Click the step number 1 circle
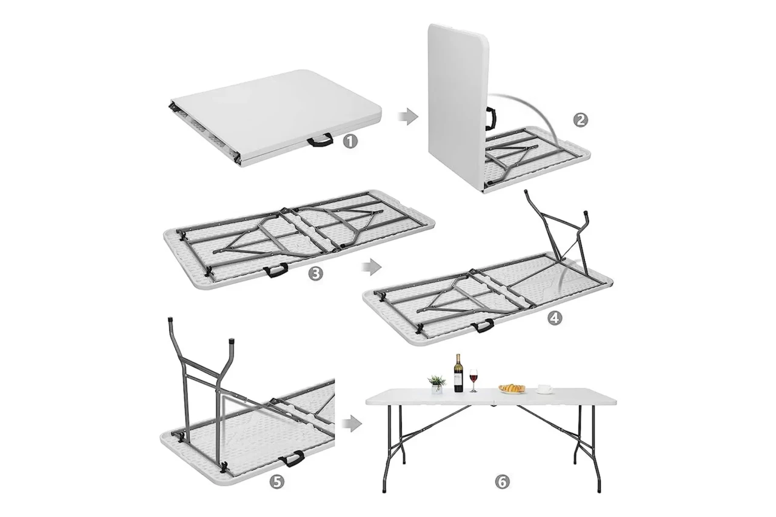(x=350, y=142)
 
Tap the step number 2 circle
(x=581, y=120)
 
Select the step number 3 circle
(x=315, y=274)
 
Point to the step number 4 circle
(x=555, y=318)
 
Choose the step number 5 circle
(x=277, y=482)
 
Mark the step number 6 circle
(x=503, y=481)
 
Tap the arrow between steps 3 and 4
(x=372, y=267)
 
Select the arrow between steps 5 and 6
(x=352, y=424)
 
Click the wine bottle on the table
(x=458, y=373)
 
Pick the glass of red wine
(x=473, y=381)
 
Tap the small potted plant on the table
(x=437, y=384)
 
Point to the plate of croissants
(x=512, y=389)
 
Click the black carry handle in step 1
(x=321, y=141)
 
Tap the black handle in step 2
(x=491, y=118)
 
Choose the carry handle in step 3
(x=276, y=270)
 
